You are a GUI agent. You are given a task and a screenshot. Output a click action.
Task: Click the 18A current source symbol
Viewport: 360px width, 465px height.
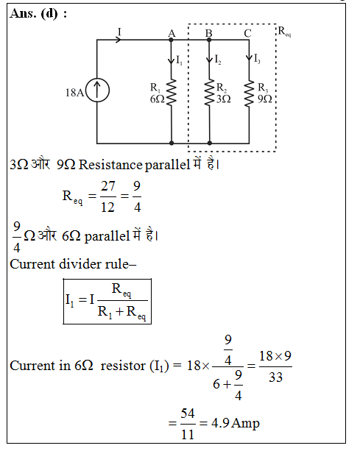click(97, 90)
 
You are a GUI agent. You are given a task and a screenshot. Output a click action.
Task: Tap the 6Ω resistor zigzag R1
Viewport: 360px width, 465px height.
click(172, 92)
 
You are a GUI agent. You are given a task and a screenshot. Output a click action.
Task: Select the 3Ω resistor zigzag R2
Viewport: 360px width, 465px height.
click(210, 92)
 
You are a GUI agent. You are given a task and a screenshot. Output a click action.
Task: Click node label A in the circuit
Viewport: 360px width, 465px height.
click(172, 33)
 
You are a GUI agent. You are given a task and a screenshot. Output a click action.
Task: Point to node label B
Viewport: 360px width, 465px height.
click(208, 33)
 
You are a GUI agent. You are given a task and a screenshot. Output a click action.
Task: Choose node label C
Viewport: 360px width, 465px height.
click(247, 33)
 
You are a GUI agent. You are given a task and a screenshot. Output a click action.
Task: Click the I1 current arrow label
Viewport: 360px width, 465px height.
click(179, 60)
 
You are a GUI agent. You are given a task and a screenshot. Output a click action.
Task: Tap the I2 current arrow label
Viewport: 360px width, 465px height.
click(217, 60)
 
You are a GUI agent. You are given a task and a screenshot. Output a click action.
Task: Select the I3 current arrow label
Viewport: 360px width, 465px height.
click(257, 59)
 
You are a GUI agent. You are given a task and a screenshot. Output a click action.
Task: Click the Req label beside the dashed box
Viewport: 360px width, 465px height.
click(284, 32)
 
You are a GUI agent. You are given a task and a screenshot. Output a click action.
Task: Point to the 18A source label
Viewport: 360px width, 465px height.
click(74, 93)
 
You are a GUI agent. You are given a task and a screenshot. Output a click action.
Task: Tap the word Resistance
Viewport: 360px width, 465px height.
click(110, 165)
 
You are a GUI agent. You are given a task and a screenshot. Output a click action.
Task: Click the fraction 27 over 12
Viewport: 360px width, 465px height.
click(107, 196)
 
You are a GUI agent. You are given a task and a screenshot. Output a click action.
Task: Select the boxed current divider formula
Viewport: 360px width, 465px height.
click(107, 302)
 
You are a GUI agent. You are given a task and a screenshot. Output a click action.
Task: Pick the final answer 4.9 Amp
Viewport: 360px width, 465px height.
click(236, 423)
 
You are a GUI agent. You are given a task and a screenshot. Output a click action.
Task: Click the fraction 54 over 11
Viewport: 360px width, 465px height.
click(188, 424)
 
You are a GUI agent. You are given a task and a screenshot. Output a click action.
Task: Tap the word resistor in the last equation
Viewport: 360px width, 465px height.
click(123, 366)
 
